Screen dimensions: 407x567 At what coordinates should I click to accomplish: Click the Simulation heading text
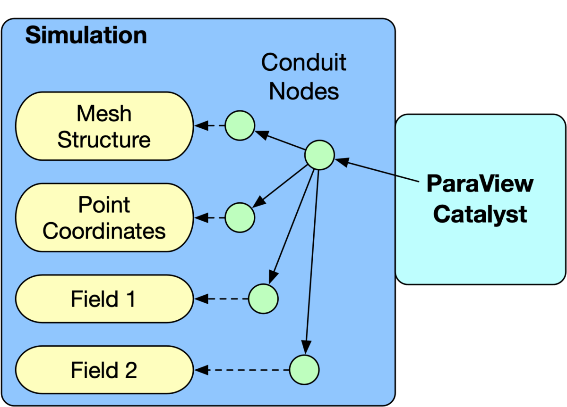pos(86,36)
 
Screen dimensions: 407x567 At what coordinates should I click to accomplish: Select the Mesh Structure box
pos(104,126)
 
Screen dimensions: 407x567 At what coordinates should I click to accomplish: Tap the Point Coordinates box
pos(104,218)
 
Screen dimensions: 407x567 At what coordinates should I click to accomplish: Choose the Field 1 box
pos(104,299)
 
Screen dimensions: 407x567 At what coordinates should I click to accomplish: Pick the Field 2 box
pos(104,370)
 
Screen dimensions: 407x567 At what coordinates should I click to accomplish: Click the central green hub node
pos(319,155)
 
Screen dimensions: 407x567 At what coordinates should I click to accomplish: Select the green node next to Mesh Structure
pos(240,126)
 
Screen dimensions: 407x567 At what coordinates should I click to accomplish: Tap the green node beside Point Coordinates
pos(240,217)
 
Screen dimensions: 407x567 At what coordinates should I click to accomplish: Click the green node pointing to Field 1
pos(263,299)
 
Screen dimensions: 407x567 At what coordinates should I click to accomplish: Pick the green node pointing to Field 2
pos(304,369)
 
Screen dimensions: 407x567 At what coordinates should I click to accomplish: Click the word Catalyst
pos(480,215)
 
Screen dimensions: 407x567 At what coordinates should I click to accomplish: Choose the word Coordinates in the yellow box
pos(104,231)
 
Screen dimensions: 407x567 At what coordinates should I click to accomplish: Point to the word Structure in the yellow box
pos(104,140)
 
